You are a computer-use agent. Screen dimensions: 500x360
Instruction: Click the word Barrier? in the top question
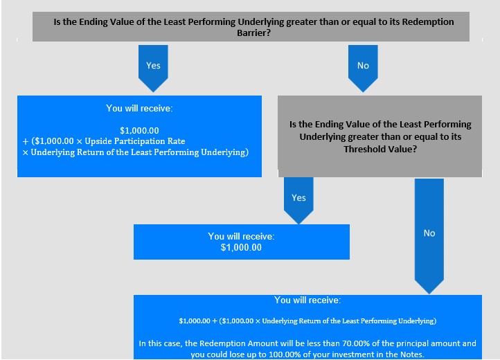click(x=254, y=33)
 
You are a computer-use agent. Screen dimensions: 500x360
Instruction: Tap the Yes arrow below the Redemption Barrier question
click(x=153, y=69)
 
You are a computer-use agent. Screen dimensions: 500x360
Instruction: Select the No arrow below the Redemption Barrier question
click(x=363, y=69)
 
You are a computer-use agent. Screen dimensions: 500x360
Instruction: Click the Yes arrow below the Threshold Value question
click(x=298, y=201)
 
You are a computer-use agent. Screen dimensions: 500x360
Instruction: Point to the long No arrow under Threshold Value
click(x=429, y=236)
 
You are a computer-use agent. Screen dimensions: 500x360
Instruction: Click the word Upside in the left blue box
click(x=98, y=141)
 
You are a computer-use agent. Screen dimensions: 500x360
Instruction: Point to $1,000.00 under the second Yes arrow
click(x=241, y=247)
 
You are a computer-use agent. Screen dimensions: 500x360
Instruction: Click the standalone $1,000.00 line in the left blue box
click(x=139, y=130)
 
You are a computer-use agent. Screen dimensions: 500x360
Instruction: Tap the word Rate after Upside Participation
click(x=177, y=141)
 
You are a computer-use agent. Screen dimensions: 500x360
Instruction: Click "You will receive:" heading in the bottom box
click(x=307, y=300)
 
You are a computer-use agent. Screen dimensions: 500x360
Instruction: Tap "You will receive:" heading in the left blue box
click(x=139, y=109)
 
